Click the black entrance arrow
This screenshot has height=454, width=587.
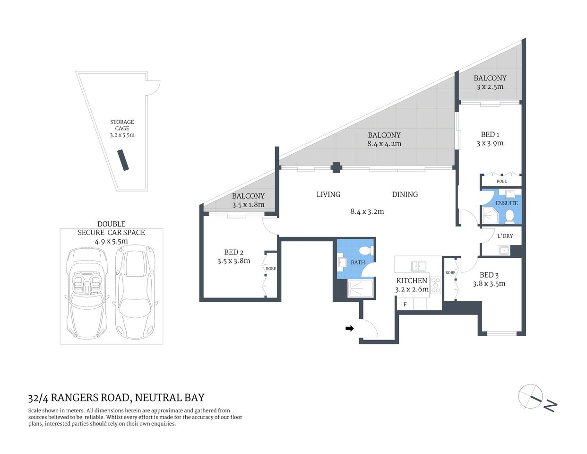pos(350,328)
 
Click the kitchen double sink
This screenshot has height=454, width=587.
pos(418,266)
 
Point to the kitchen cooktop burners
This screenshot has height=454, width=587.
pos(435,286)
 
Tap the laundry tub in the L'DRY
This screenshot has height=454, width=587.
pos(504,250)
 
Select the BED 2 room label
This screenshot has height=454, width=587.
pos(234,252)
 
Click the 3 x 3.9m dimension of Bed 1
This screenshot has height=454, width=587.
pos(490,143)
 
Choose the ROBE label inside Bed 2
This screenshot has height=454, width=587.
pos(271,269)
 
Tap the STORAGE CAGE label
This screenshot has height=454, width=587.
pos(122,125)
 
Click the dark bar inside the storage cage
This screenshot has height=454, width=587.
pos(123,160)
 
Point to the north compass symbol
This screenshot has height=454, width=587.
pos(531,396)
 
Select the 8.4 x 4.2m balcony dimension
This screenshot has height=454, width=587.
pos(384,144)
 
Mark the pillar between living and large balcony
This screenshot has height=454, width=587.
pos(336,167)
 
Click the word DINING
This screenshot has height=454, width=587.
pos(405,194)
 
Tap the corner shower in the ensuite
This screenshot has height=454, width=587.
pos(490,216)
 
